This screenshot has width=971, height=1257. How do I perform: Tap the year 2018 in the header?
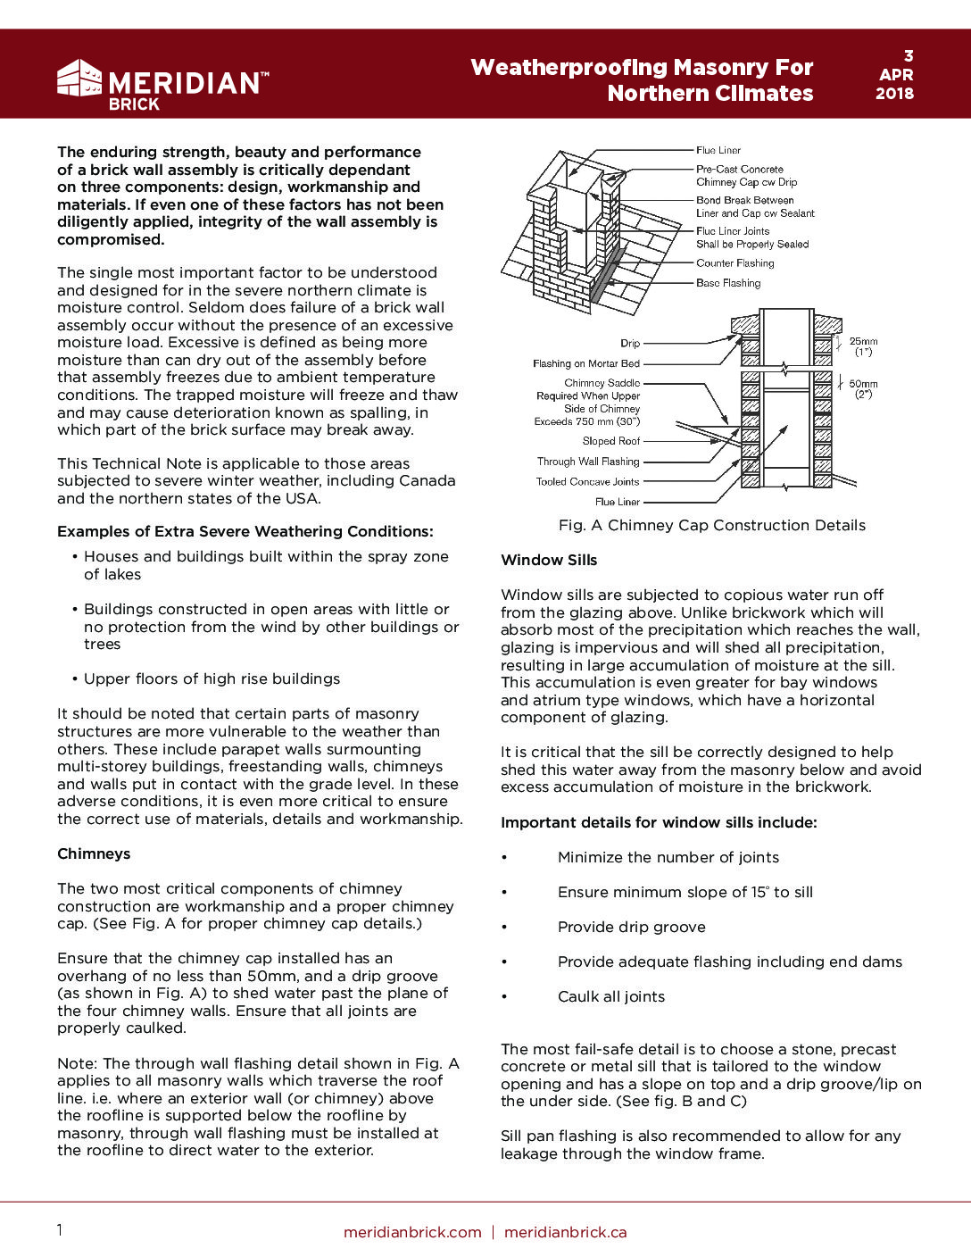(894, 94)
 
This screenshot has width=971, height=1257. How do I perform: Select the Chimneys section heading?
(94, 853)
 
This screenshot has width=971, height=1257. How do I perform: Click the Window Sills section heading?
(549, 560)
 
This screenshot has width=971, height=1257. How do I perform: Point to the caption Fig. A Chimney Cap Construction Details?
(711, 525)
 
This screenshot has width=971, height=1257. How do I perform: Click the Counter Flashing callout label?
(734, 263)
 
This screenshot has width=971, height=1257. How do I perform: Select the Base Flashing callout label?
(728, 283)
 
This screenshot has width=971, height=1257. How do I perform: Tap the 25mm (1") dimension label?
(863, 346)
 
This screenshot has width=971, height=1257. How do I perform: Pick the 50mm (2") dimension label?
(863, 388)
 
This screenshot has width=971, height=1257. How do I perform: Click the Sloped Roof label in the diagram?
(611, 441)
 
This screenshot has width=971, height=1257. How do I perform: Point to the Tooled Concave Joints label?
(587, 481)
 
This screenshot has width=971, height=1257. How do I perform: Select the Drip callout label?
(630, 343)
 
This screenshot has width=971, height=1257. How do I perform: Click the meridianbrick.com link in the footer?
(412, 1232)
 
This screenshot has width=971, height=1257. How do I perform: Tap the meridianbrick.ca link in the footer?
(565, 1232)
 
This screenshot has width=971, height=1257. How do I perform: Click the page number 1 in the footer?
(60, 1230)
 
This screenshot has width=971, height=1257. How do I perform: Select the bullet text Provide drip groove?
(631, 927)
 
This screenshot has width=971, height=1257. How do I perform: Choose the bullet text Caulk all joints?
(611, 996)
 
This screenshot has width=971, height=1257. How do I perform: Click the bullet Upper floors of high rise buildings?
(212, 678)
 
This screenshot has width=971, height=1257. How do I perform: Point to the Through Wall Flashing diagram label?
(588, 462)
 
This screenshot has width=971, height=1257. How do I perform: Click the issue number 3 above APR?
(909, 56)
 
